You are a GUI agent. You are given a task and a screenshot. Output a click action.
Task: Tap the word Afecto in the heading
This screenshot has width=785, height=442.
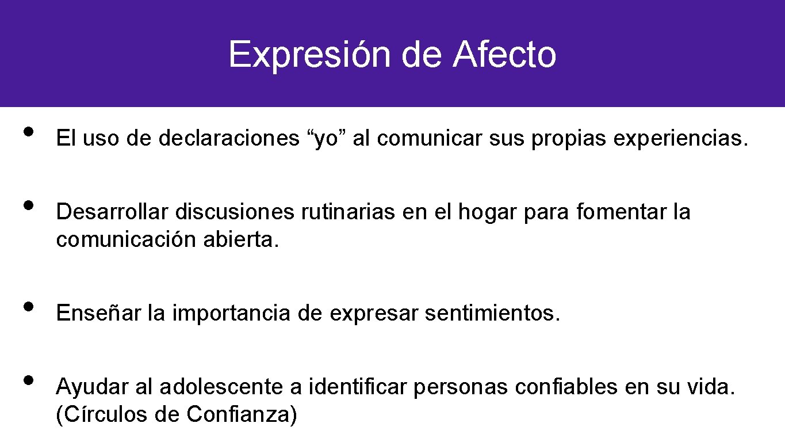pyautogui.click(x=504, y=55)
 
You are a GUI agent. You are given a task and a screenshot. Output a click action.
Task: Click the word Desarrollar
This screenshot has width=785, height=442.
pyautogui.click(x=112, y=212)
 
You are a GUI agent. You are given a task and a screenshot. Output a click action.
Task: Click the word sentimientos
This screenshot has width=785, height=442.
pyautogui.click(x=492, y=314)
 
